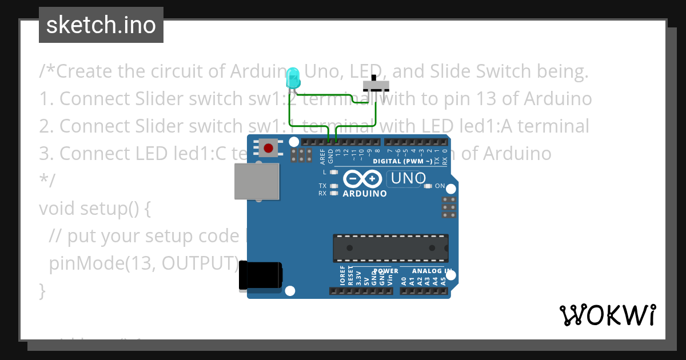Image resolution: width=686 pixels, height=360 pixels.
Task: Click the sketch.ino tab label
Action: coord(101,25)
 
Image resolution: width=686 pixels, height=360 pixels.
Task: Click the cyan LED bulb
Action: coord(293,77)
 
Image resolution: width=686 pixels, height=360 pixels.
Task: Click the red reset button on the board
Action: coord(268,149)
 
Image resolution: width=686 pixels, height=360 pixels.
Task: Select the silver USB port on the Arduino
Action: coord(257,182)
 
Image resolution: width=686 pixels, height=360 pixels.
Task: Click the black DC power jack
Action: coord(260,275)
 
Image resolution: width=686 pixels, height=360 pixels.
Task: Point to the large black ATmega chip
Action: coord(391,247)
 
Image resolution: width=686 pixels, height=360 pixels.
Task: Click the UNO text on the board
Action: coord(406,179)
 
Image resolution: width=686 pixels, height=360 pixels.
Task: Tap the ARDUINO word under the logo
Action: coord(365,193)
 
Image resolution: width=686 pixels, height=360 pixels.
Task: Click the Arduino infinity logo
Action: coord(364,179)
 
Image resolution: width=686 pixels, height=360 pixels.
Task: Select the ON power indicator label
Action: coord(440,186)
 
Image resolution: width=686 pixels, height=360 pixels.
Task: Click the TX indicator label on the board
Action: coord(322,186)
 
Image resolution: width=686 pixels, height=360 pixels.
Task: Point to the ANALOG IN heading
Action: coord(432,271)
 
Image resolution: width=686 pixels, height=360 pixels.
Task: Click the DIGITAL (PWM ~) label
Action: coord(402,162)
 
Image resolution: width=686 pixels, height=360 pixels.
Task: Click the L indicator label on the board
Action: coord(324,171)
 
